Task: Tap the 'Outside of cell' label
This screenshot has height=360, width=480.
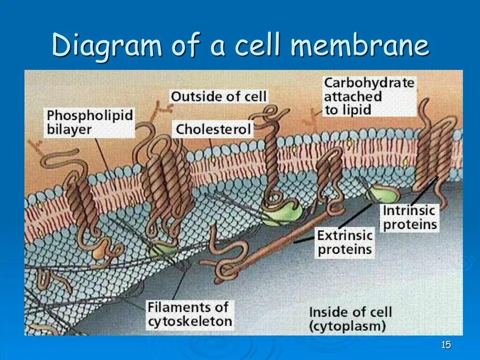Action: pos(218,97)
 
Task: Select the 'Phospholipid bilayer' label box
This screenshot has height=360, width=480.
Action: pos(90,121)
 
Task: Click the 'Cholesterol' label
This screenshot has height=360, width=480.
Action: pos(214,129)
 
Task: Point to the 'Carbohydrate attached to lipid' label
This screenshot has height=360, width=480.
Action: pos(369,97)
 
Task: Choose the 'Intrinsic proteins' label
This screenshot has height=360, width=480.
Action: pos(410,217)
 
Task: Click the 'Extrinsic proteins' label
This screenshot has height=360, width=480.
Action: pos(345,242)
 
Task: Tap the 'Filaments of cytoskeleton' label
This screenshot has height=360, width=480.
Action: pos(189,314)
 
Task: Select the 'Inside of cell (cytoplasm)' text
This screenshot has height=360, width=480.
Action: pos(350,318)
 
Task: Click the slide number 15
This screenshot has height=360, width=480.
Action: pos(446,345)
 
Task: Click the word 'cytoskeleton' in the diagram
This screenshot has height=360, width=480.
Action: pos(190,322)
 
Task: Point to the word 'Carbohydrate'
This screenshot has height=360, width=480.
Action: pos(369,83)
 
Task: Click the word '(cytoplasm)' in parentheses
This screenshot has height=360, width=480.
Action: pos(347,325)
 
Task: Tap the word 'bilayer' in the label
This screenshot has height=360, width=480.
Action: pos(69,129)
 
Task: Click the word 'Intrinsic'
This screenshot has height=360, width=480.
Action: pos(409,210)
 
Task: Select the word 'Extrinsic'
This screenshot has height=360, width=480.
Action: pos(345,235)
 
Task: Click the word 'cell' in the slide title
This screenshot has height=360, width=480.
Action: pos(258,46)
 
